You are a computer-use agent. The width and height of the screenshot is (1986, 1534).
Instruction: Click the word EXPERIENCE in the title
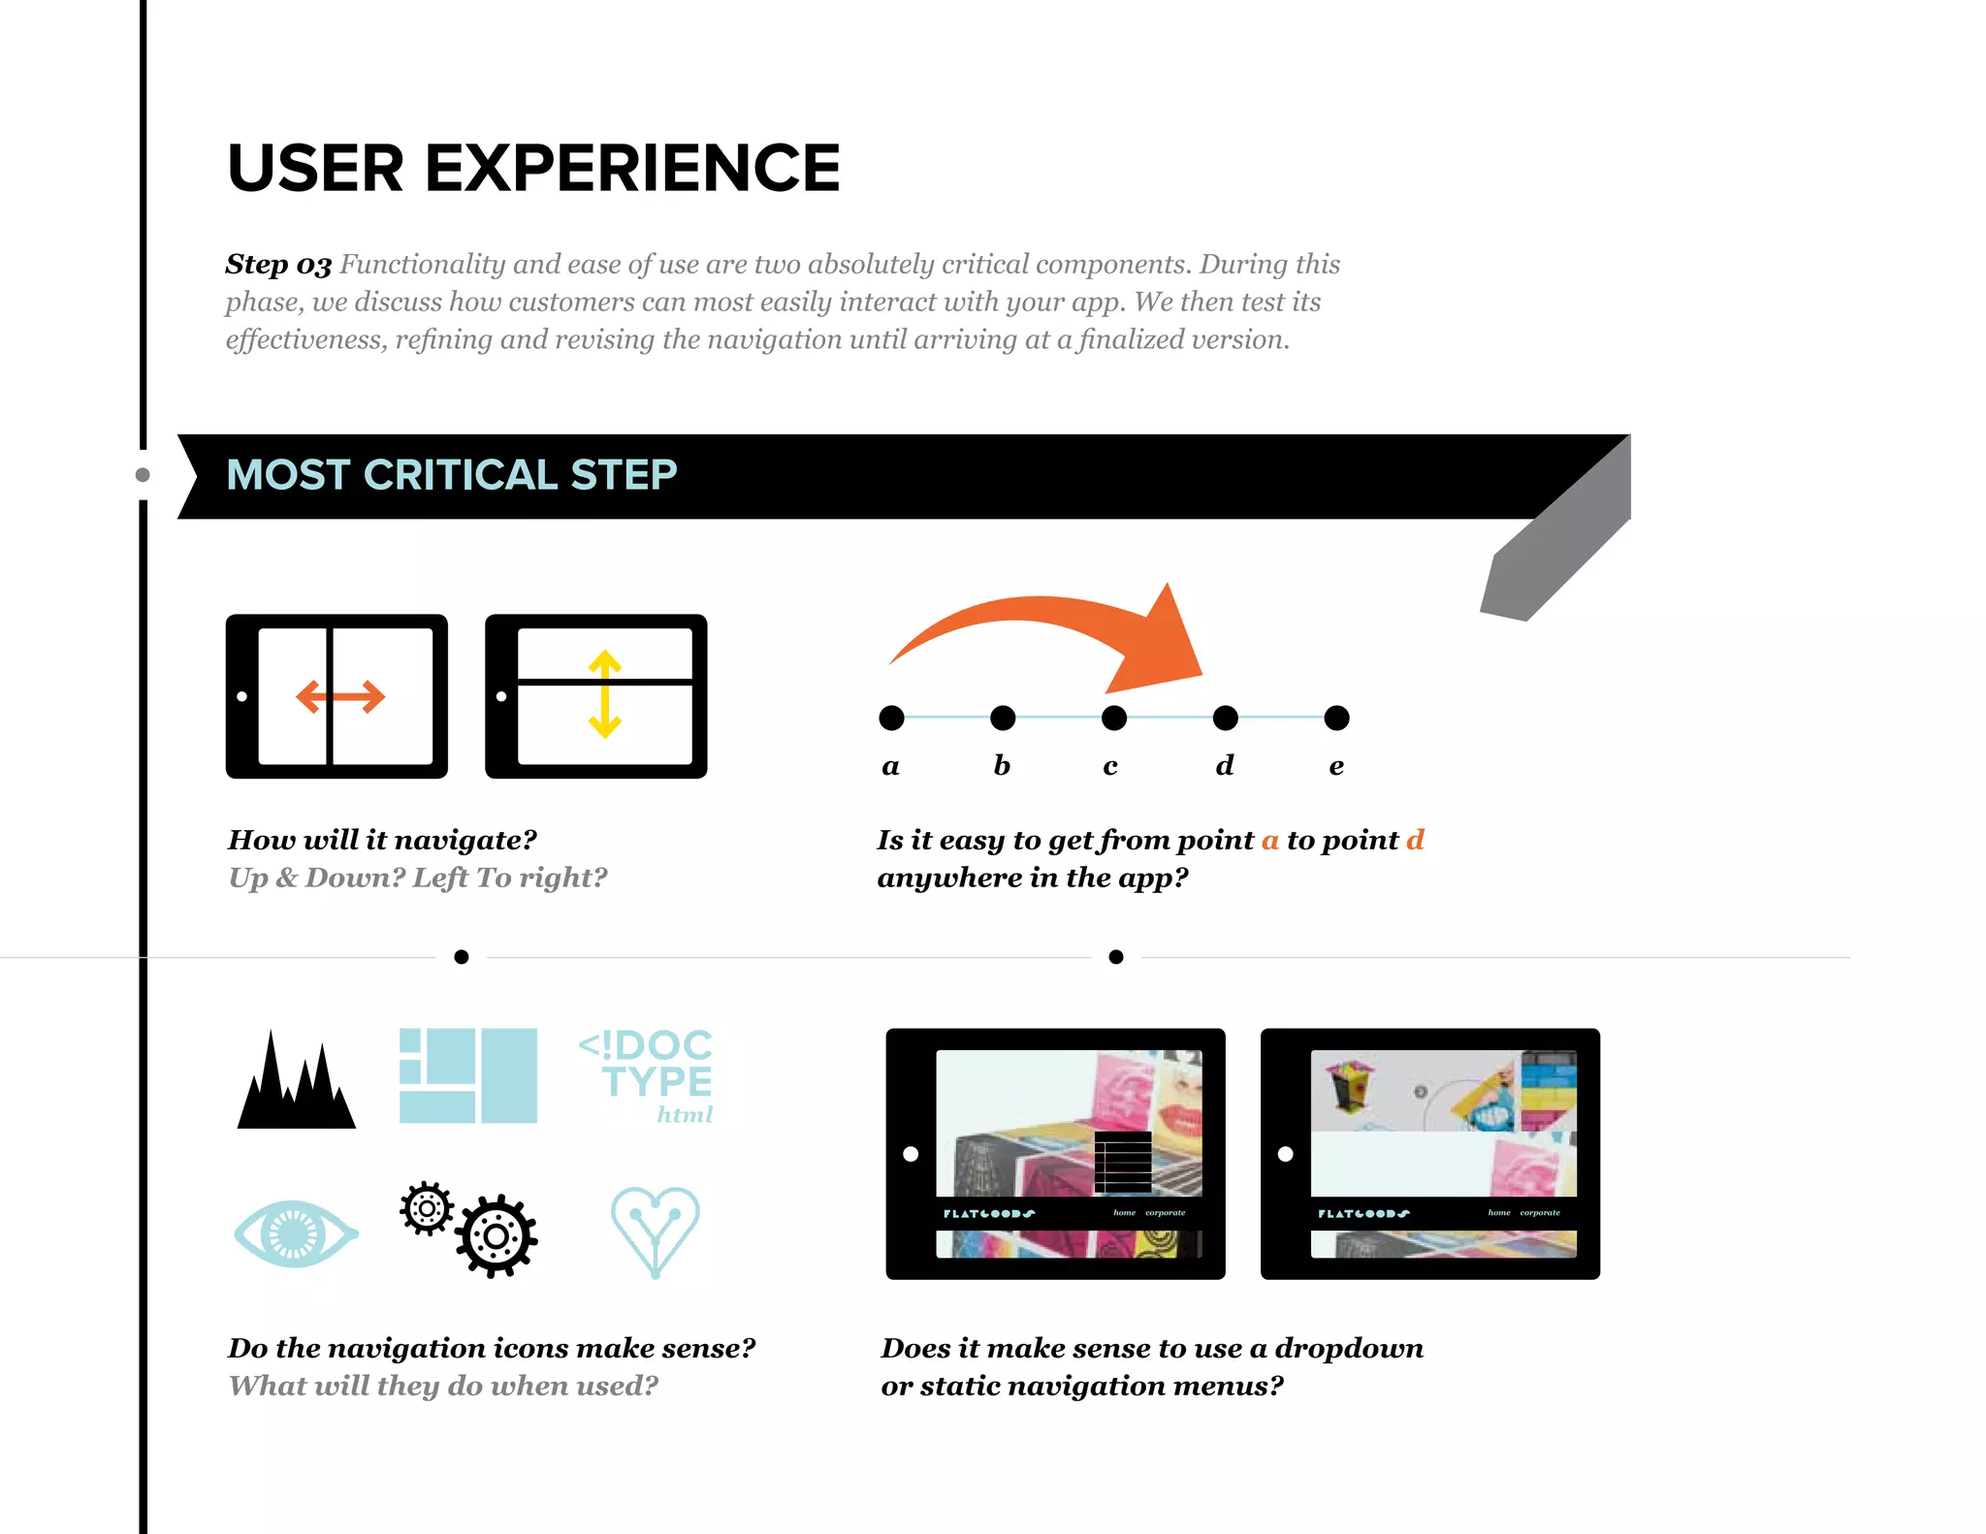pos(632,168)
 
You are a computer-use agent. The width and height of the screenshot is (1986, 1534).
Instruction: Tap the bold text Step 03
pos(278,265)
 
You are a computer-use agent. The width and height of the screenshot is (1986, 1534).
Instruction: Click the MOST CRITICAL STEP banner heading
pos(451,475)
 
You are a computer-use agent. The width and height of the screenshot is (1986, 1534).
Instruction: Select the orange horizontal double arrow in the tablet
pos(340,696)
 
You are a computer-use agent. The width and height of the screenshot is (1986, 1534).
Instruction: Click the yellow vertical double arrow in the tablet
pos(604,694)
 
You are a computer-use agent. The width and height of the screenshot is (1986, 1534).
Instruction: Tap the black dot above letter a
pos(891,718)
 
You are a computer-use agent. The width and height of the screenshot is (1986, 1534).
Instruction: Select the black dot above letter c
pos(1114,718)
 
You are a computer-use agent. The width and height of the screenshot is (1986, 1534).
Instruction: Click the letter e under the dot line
pos(1336,766)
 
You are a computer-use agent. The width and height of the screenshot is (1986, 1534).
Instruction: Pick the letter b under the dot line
pos(1002,765)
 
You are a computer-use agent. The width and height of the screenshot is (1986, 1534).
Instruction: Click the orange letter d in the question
pos(1415,840)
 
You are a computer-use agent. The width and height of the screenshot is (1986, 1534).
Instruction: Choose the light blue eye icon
pos(295,1233)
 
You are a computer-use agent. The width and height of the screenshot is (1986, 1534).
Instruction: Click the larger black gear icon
pos(496,1236)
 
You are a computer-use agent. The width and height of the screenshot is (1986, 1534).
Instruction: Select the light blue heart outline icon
pos(655,1230)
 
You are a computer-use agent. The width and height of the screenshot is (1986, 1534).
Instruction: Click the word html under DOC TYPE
pos(685,1115)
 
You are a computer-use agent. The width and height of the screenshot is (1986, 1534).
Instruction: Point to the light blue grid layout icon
pos(468,1075)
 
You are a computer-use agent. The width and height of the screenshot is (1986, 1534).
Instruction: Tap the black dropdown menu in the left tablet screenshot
pos(1123,1162)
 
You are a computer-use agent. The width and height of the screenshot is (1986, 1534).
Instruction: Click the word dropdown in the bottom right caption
pos(1348,1348)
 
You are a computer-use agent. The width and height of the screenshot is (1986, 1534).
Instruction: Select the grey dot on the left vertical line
pos(143,475)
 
